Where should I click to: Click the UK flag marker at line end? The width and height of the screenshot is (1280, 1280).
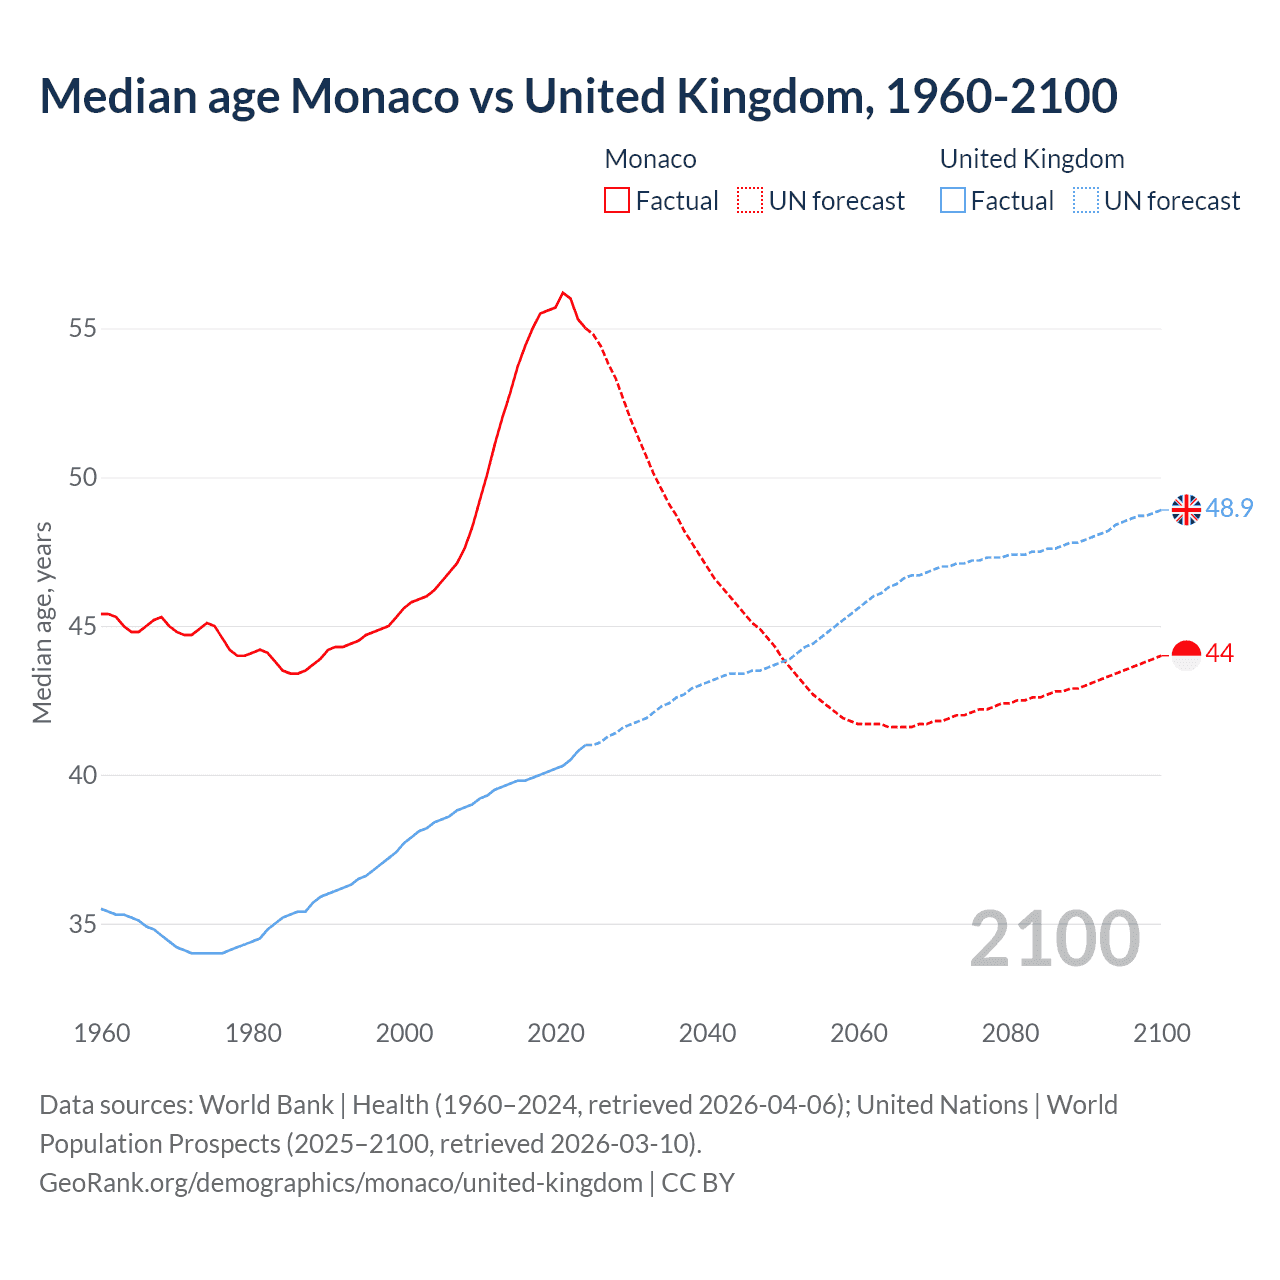pos(1186,509)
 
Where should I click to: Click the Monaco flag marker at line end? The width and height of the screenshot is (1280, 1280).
pos(1186,655)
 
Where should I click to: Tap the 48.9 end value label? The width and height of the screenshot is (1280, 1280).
pos(1229,508)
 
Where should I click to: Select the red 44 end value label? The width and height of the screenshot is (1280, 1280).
pos(1220,653)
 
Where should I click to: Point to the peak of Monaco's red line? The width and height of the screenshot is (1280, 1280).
pos(563,292)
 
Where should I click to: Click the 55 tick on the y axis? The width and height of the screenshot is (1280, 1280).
pos(83,328)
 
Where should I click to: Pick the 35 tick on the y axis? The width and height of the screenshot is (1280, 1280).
pos(83,924)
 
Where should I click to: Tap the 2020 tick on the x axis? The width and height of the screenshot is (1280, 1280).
pos(556,1033)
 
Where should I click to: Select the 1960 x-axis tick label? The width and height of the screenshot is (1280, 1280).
pos(102,1033)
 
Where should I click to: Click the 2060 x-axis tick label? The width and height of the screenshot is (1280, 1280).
pos(859,1033)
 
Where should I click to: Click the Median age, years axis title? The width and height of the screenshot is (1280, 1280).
pos(42,622)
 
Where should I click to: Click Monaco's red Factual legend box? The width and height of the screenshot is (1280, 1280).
pos(617,200)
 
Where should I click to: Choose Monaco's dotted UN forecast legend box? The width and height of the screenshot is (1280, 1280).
pos(750,200)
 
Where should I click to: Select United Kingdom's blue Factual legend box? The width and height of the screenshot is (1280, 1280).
pos(953,200)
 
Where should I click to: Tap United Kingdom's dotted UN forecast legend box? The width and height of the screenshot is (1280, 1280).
pos(1086,200)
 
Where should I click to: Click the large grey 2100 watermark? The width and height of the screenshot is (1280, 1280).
pos(1055,938)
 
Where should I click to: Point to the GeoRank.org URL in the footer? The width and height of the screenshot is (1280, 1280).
pos(341,1182)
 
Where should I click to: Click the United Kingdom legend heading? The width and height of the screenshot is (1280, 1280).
pos(1032,159)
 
